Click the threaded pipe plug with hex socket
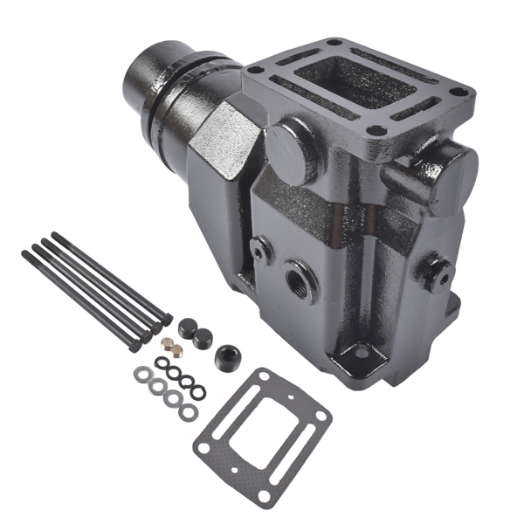pyautogui.click(x=230, y=355)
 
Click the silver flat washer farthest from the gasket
pyautogui.click(x=141, y=375)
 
